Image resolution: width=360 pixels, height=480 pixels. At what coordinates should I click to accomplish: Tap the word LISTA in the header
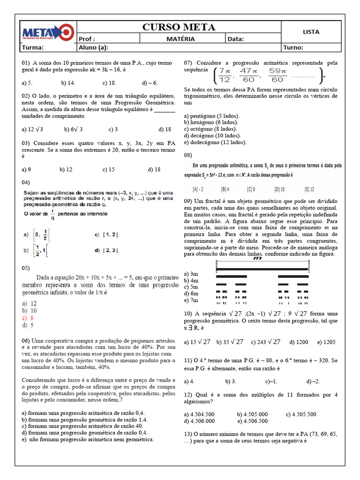[311, 32]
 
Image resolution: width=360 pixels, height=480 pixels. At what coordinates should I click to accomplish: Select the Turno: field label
[293, 47]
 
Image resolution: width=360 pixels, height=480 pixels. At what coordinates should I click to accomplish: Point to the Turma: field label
[33, 47]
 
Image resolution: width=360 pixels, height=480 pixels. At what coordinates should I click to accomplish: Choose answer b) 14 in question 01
[67, 82]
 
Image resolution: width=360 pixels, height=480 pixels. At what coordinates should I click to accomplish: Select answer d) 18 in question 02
[165, 129]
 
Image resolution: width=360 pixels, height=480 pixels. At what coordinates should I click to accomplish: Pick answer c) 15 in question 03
[108, 169]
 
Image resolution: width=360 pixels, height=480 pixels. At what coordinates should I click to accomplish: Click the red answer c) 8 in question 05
[30, 317]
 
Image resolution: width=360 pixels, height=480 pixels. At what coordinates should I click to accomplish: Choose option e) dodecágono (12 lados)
[215, 142]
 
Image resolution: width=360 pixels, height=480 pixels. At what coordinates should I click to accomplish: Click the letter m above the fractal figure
[257, 258]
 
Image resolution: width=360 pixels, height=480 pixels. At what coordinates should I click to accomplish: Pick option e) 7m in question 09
[191, 300]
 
